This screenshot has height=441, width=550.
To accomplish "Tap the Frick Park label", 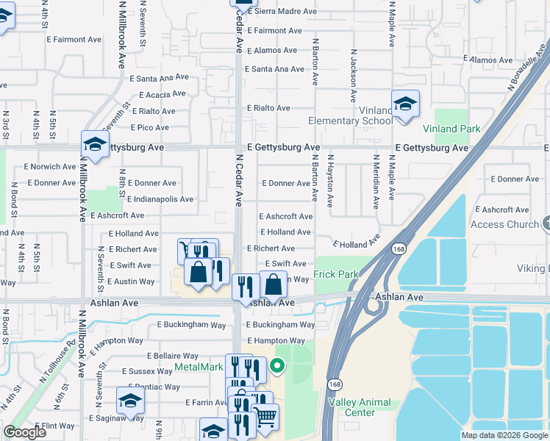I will click(x=336, y=274).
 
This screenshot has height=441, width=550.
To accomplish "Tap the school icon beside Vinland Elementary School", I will click(x=405, y=104).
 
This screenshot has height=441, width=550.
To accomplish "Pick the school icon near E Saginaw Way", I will click(x=130, y=401).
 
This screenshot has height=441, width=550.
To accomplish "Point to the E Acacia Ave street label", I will click(x=159, y=95).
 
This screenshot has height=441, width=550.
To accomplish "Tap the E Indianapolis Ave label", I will click(x=160, y=199).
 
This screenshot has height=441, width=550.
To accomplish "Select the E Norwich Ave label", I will click(x=49, y=167).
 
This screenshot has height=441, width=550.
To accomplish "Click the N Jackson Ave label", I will click(x=354, y=76).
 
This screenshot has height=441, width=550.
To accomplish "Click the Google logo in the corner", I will click(x=24, y=432).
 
